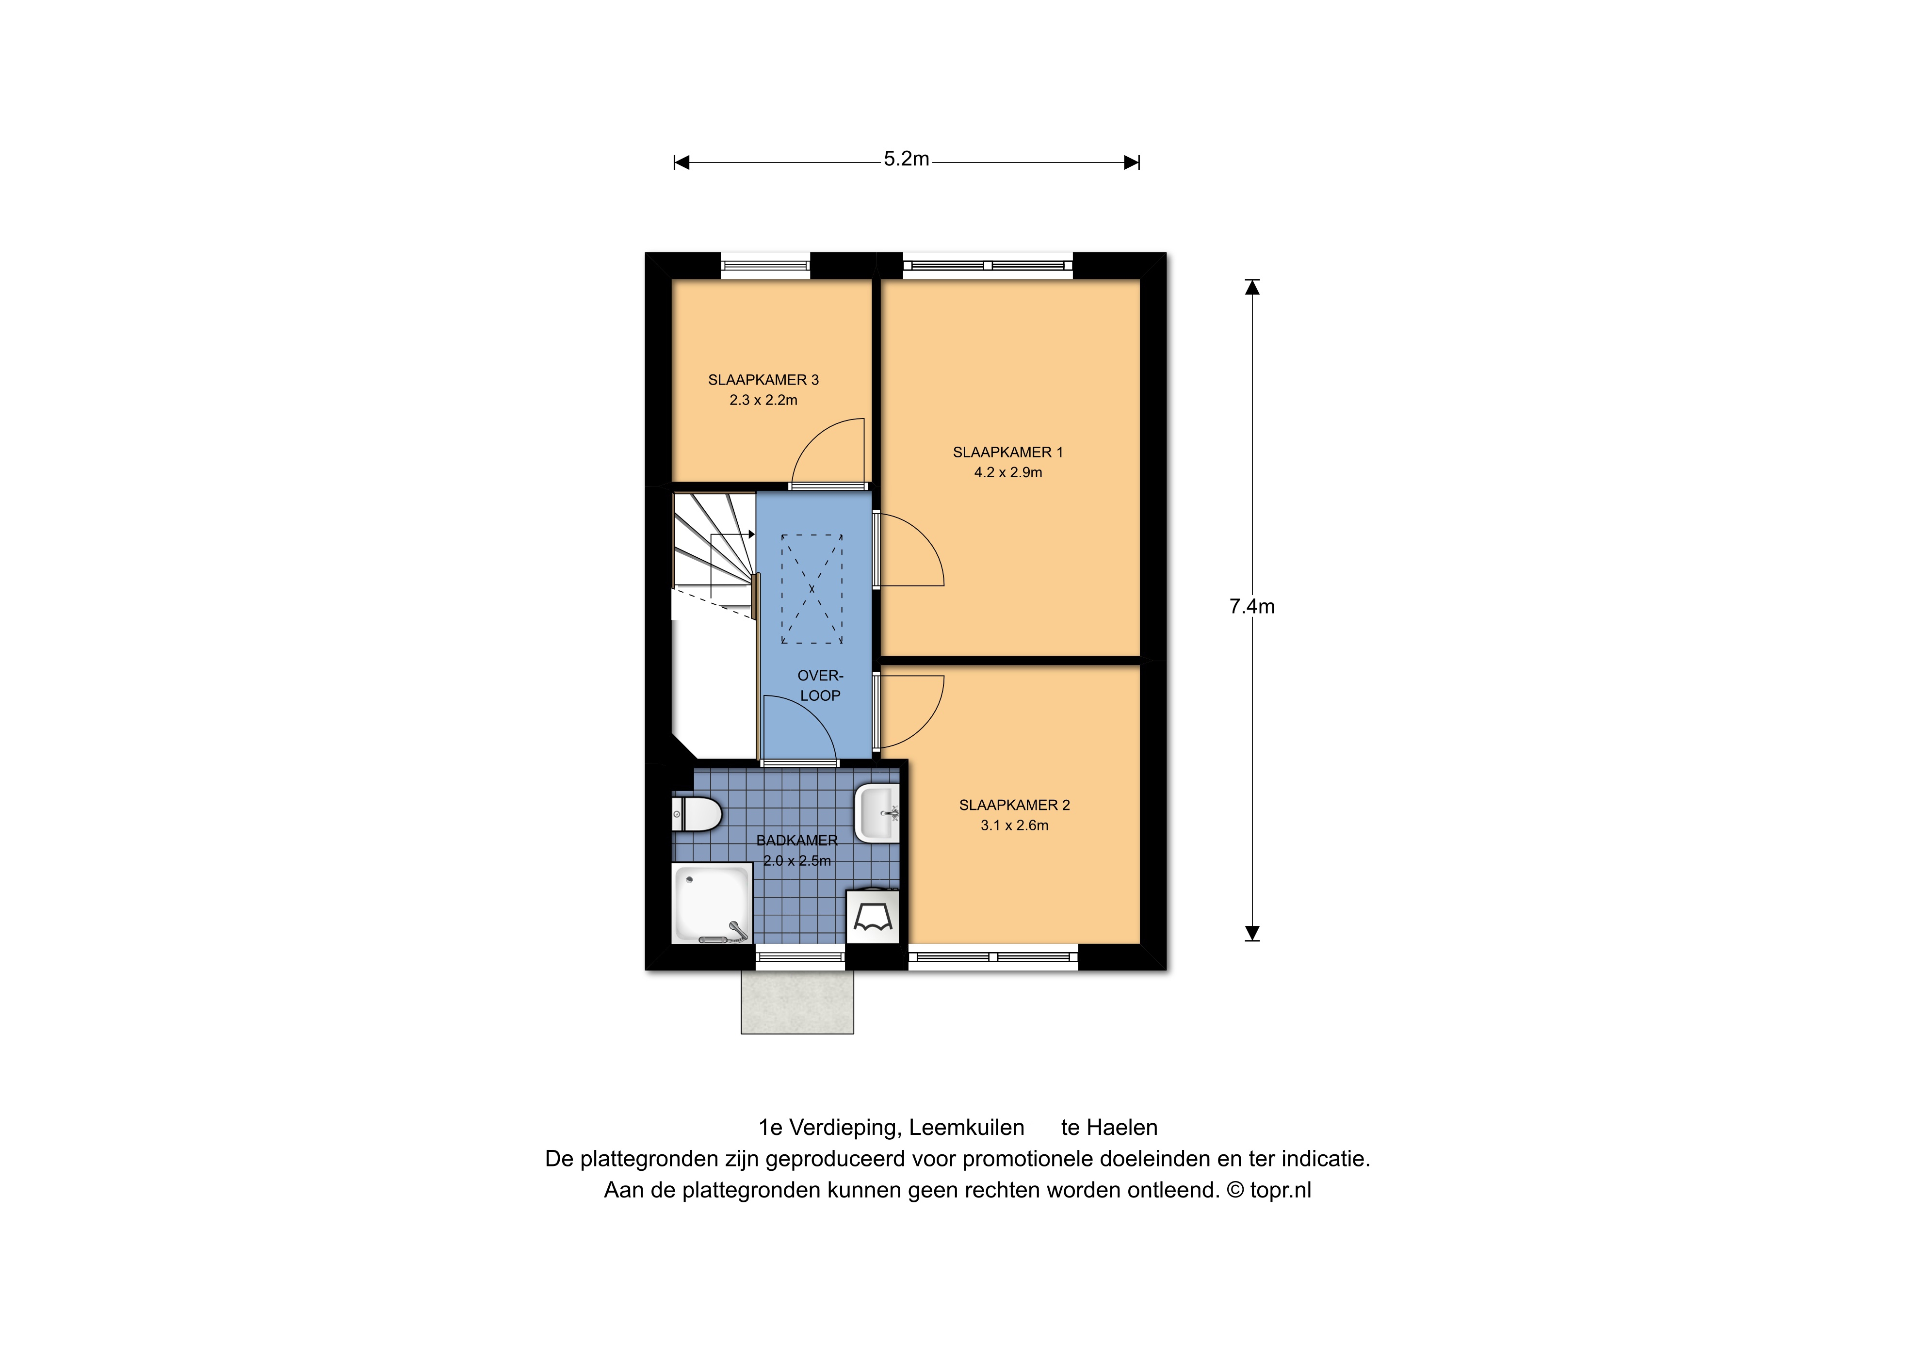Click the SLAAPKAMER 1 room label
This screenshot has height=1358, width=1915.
click(1007, 453)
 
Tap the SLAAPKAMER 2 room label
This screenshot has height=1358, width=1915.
click(1014, 805)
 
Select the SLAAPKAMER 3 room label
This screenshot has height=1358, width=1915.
click(763, 380)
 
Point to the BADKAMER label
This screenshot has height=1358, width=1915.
click(797, 841)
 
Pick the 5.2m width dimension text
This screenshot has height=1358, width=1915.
click(907, 159)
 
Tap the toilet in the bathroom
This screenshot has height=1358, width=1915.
click(697, 814)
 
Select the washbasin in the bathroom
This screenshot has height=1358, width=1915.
click(876, 812)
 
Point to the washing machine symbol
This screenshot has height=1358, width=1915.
click(872, 917)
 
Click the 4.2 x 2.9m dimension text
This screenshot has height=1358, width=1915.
click(1007, 472)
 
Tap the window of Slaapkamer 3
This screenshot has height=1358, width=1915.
click(765, 266)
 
